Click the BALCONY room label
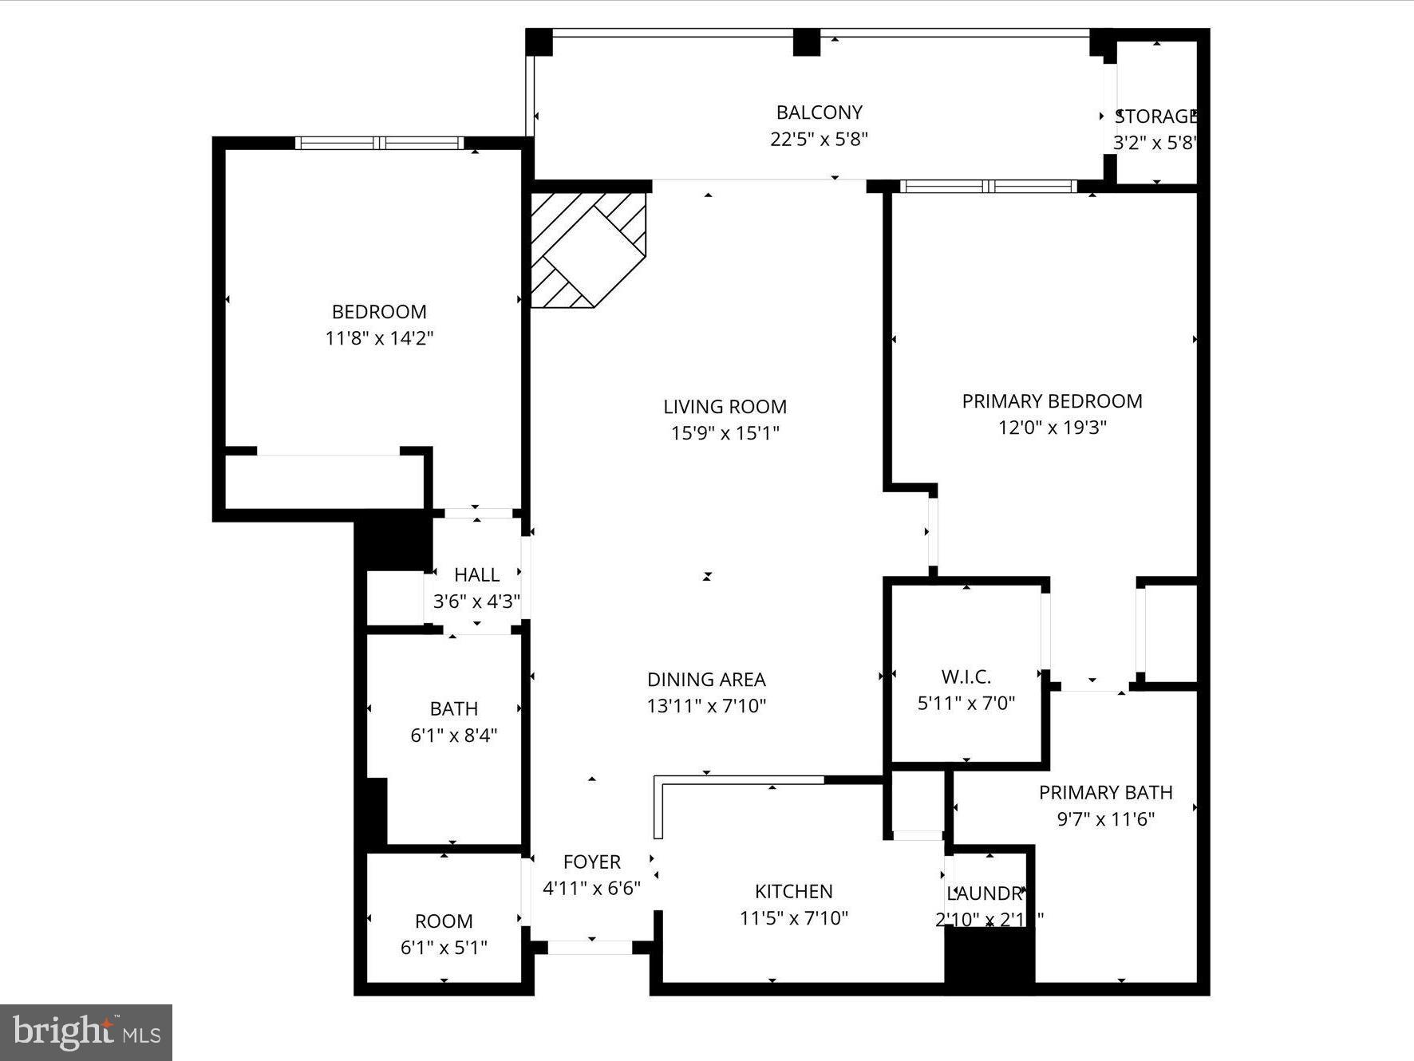coord(819,112)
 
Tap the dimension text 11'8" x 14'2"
coord(379,338)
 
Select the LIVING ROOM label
coord(725,407)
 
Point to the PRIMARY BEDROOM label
coord(1052,401)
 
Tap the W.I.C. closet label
coord(966,677)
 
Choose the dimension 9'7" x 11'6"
coord(1105,819)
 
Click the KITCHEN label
coord(793,891)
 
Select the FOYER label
coord(591,862)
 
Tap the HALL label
coord(476,574)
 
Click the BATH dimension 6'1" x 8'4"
coord(453,736)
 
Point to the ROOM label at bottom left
coord(444,921)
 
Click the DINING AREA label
coord(706,680)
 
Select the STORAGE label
coord(1155,117)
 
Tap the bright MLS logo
coord(86,1032)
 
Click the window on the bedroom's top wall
coord(379,143)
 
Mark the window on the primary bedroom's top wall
coord(988,186)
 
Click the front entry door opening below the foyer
coord(590,948)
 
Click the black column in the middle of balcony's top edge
coord(806,42)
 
